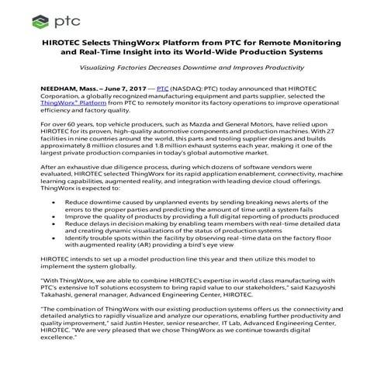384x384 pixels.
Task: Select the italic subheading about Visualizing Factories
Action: [192, 67]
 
